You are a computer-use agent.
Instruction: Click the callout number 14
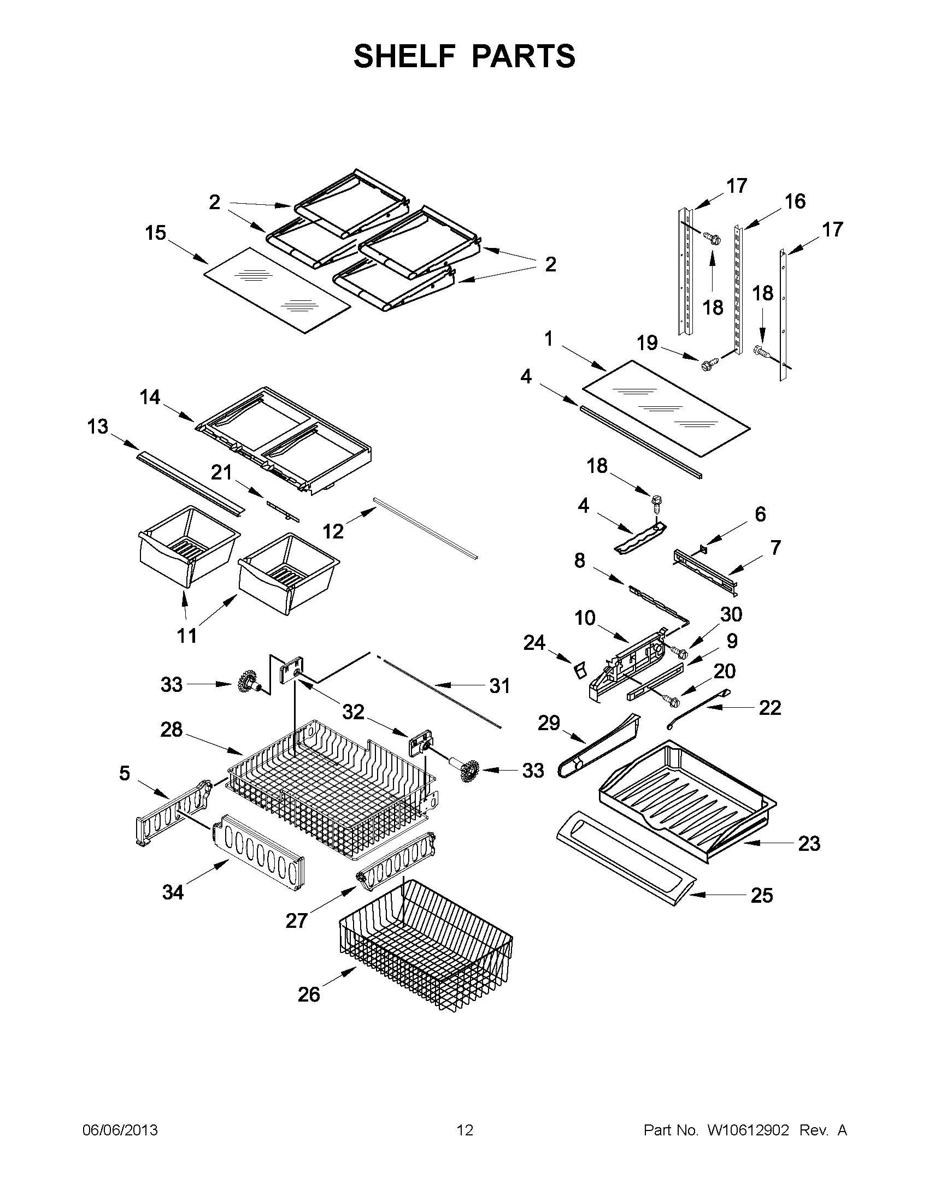coord(150,397)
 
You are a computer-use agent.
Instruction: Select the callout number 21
coord(222,472)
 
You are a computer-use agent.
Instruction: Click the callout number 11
coord(187,636)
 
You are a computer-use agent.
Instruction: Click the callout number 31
coord(499,686)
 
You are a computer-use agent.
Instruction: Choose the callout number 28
coord(171,730)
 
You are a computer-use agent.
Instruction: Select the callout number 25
coord(762,896)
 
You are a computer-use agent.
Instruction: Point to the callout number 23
coord(809,843)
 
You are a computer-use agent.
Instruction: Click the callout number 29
coord(549,723)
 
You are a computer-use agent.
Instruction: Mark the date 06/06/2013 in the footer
coord(120,1130)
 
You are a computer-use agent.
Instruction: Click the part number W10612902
coord(748,1130)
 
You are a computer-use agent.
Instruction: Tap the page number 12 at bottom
coord(465,1130)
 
